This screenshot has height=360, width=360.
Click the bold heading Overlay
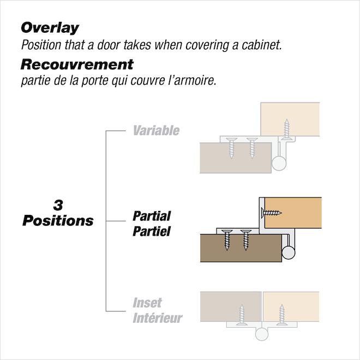[50, 28]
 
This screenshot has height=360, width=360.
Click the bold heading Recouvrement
[76, 64]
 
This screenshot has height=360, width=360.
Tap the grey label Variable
[156, 131]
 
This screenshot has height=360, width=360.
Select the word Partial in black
[152, 216]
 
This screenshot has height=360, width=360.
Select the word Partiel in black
[152, 231]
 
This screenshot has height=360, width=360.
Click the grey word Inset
[148, 303]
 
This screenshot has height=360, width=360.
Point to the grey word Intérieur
[158, 318]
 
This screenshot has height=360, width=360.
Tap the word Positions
[58, 221]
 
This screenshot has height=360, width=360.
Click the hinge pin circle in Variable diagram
[279, 162]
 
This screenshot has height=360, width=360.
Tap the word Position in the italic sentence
[39, 45]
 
